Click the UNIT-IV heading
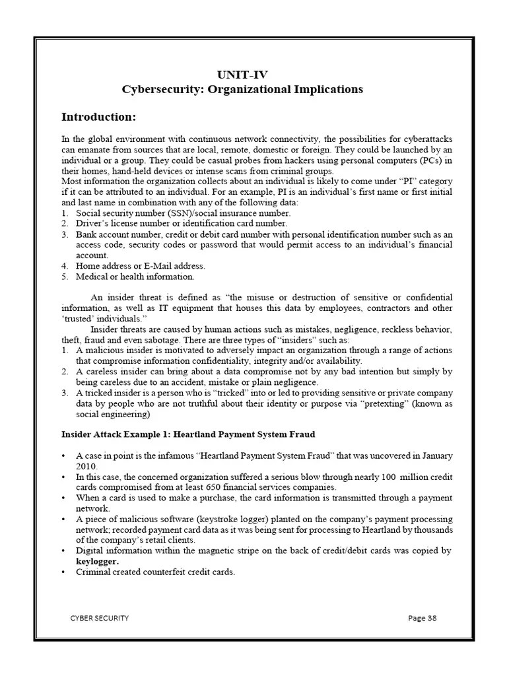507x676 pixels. [x=243, y=74]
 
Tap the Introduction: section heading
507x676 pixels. [x=98, y=117]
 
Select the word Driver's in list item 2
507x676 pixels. [x=92, y=224]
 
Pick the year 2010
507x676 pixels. [x=86, y=466]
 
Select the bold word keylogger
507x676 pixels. [x=98, y=561]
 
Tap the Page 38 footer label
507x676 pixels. [x=422, y=618]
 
